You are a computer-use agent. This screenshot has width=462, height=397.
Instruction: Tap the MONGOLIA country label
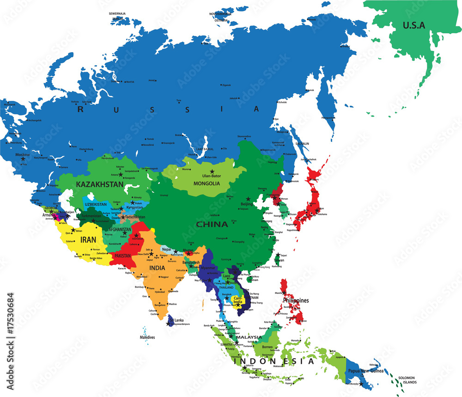click(x=207, y=183)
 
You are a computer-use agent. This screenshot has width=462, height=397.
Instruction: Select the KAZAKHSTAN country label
click(x=99, y=184)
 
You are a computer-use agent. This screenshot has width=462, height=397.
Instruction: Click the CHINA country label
click(x=212, y=224)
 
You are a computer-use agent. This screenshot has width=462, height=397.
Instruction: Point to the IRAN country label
click(x=88, y=240)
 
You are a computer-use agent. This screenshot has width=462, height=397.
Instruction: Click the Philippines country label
click(x=296, y=300)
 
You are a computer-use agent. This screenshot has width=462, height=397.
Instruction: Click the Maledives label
click(x=147, y=337)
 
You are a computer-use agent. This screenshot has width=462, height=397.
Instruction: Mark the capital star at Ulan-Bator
click(x=212, y=171)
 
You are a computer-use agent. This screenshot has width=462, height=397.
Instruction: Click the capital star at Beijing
click(x=249, y=199)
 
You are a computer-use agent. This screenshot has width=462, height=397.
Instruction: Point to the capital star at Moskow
click(x=23, y=159)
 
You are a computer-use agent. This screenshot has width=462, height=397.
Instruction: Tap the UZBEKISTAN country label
click(x=96, y=204)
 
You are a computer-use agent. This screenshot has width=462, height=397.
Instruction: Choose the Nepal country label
click(x=166, y=249)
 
